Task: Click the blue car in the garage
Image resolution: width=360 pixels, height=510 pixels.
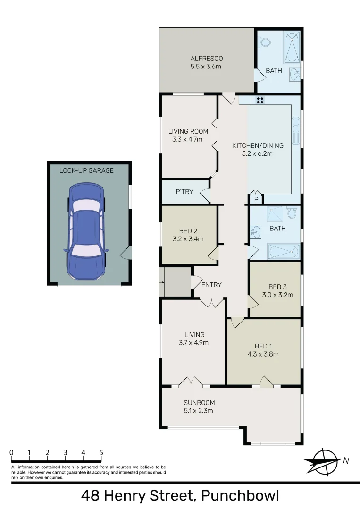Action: [x=88, y=231]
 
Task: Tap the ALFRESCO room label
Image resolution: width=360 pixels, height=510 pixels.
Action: [x=207, y=59]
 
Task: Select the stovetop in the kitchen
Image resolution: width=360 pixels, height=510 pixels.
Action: [x=260, y=100]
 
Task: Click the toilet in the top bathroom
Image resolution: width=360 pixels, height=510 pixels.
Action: [x=266, y=43]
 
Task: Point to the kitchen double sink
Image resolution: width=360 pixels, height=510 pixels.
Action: [x=296, y=129]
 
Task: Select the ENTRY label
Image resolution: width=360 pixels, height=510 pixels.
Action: [x=211, y=285]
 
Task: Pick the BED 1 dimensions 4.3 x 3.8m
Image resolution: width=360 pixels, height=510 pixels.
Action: [x=263, y=354]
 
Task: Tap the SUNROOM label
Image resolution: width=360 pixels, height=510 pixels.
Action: [x=199, y=403]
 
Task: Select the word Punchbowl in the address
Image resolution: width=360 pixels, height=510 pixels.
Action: [x=240, y=496]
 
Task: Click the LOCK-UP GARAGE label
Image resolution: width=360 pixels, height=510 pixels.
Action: [x=86, y=170]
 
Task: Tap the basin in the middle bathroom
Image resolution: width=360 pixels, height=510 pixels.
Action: [x=255, y=231]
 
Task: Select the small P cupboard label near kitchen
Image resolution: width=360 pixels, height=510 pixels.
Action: [x=256, y=200]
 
